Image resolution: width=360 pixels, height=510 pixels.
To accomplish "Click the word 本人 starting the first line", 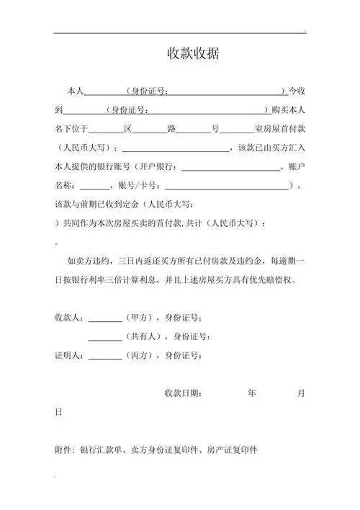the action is [x=76, y=92].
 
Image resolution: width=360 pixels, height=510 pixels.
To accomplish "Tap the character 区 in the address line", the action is [x=128, y=130].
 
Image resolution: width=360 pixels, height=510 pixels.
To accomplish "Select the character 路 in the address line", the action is [x=171, y=130].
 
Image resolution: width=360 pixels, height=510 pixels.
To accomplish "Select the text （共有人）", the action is [x=144, y=336].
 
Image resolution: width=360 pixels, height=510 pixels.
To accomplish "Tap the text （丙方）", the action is [x=140, y=354].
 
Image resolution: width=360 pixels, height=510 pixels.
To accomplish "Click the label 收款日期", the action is [x=183, y=393].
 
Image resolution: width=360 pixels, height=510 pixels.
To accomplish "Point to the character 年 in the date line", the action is [x=251, y=393].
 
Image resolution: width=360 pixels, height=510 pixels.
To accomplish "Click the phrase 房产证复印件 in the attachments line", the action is [x=233, y=449].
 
